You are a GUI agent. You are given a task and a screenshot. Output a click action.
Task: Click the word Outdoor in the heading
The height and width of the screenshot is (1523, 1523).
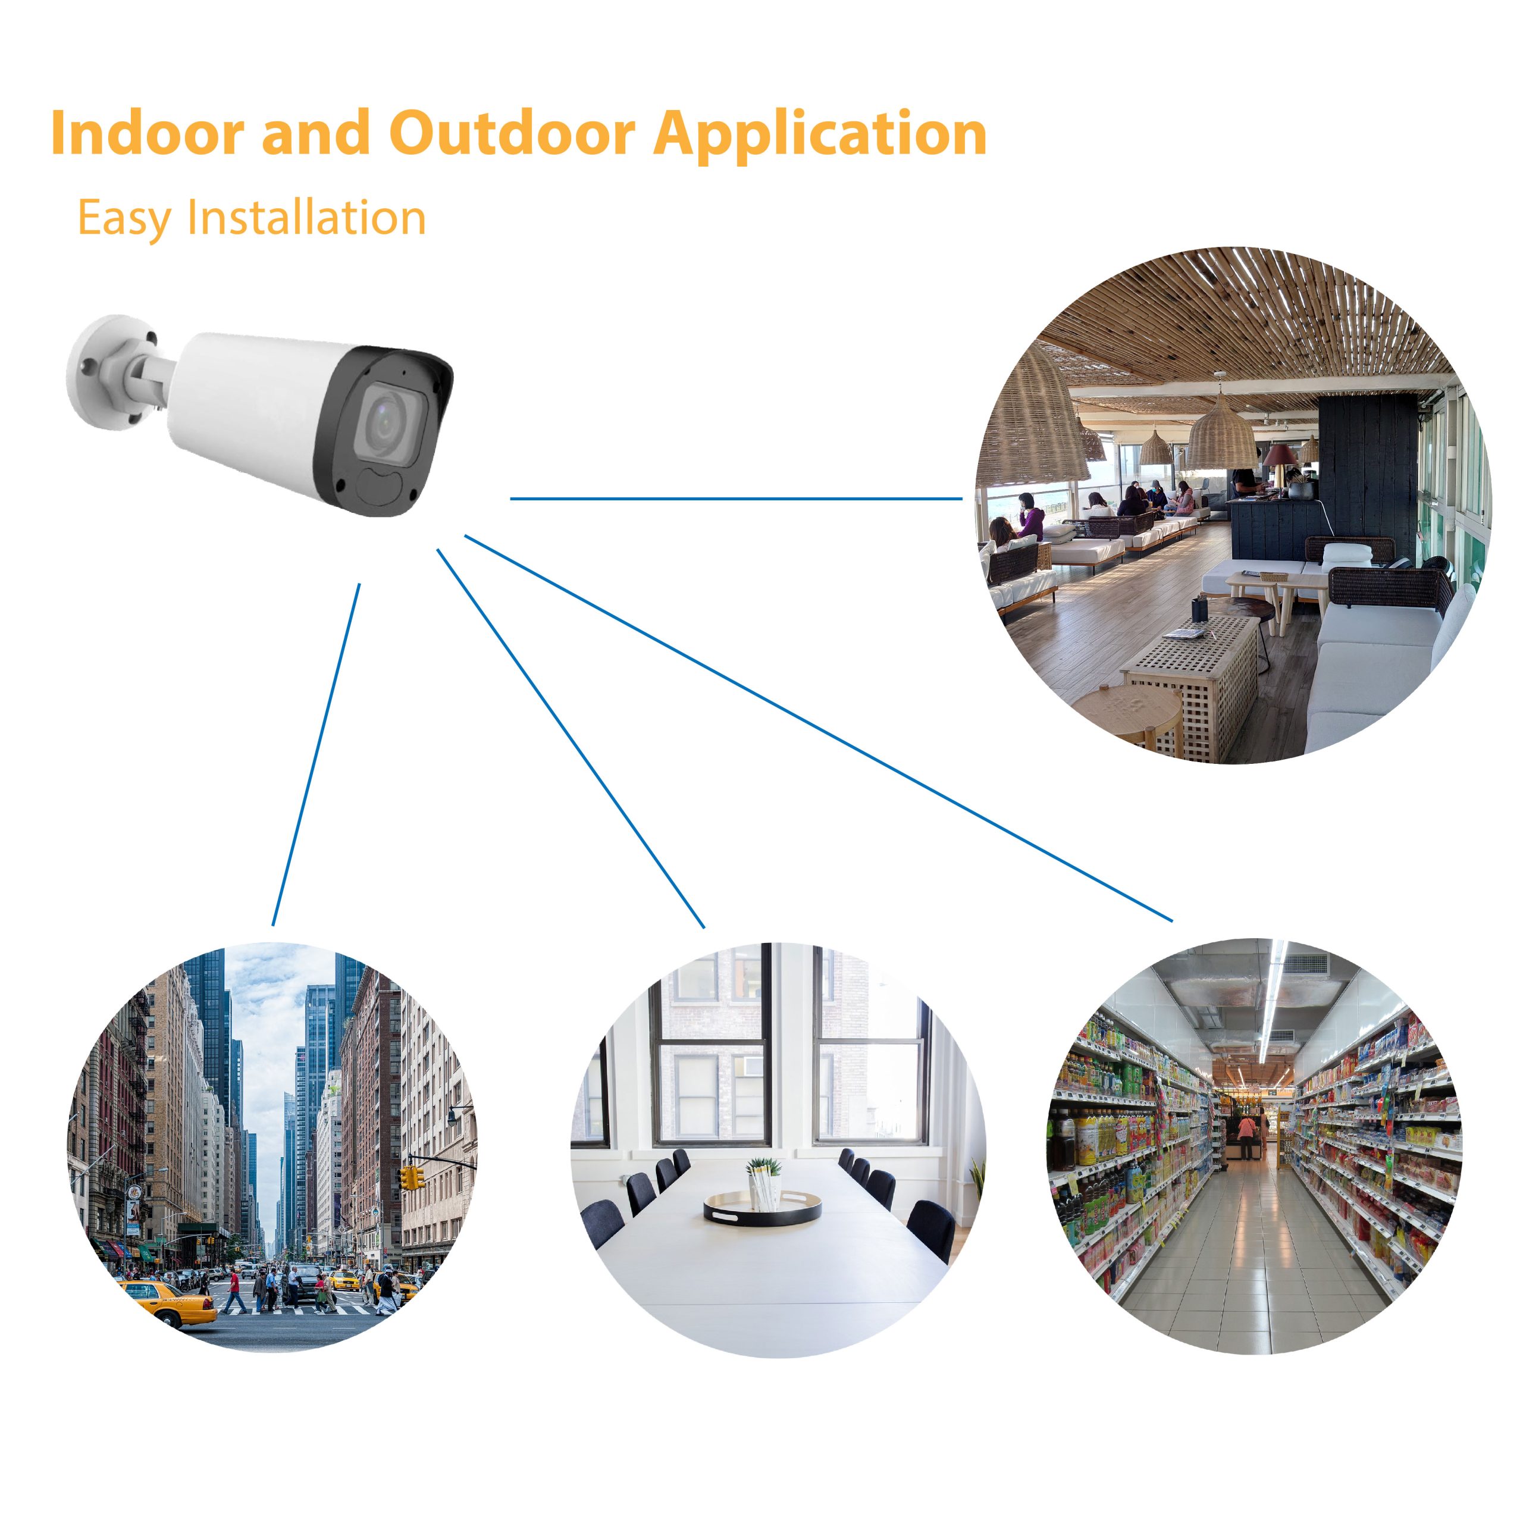click(512, 133)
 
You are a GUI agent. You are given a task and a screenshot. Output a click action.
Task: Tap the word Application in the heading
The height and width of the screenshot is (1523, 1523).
click(820, 136)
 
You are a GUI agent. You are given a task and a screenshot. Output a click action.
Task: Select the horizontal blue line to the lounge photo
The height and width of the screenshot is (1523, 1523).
click(737, 498)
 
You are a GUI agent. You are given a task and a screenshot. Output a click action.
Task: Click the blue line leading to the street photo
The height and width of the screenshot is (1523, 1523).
click(316, 754)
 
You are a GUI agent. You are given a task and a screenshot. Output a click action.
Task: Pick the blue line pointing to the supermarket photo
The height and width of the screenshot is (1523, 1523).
click(818, 728)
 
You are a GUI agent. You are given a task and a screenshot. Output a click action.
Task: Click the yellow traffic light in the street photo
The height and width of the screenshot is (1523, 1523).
click(409, 1178)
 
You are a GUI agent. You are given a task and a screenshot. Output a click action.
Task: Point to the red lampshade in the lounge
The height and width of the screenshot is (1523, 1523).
click(1281, 455)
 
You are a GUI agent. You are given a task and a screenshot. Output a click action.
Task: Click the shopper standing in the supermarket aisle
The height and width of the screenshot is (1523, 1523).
click(1246, 1135)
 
